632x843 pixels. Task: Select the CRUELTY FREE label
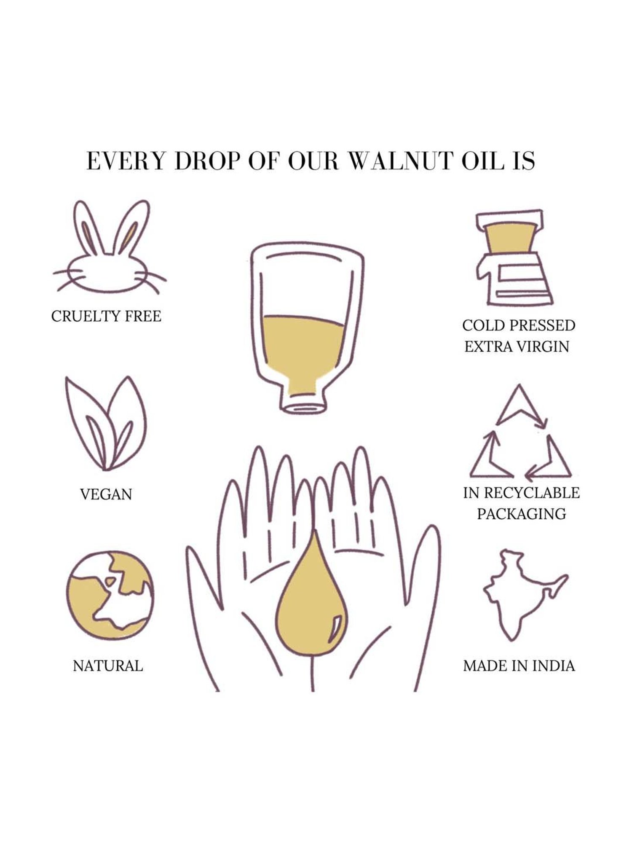106,316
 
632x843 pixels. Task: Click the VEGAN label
106,494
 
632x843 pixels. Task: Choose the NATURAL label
108,666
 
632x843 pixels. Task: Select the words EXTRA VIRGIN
517,346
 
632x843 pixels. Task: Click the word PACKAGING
521,514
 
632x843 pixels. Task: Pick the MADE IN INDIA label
519,666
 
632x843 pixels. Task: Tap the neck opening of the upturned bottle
303,407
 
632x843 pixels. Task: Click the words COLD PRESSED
518,325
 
